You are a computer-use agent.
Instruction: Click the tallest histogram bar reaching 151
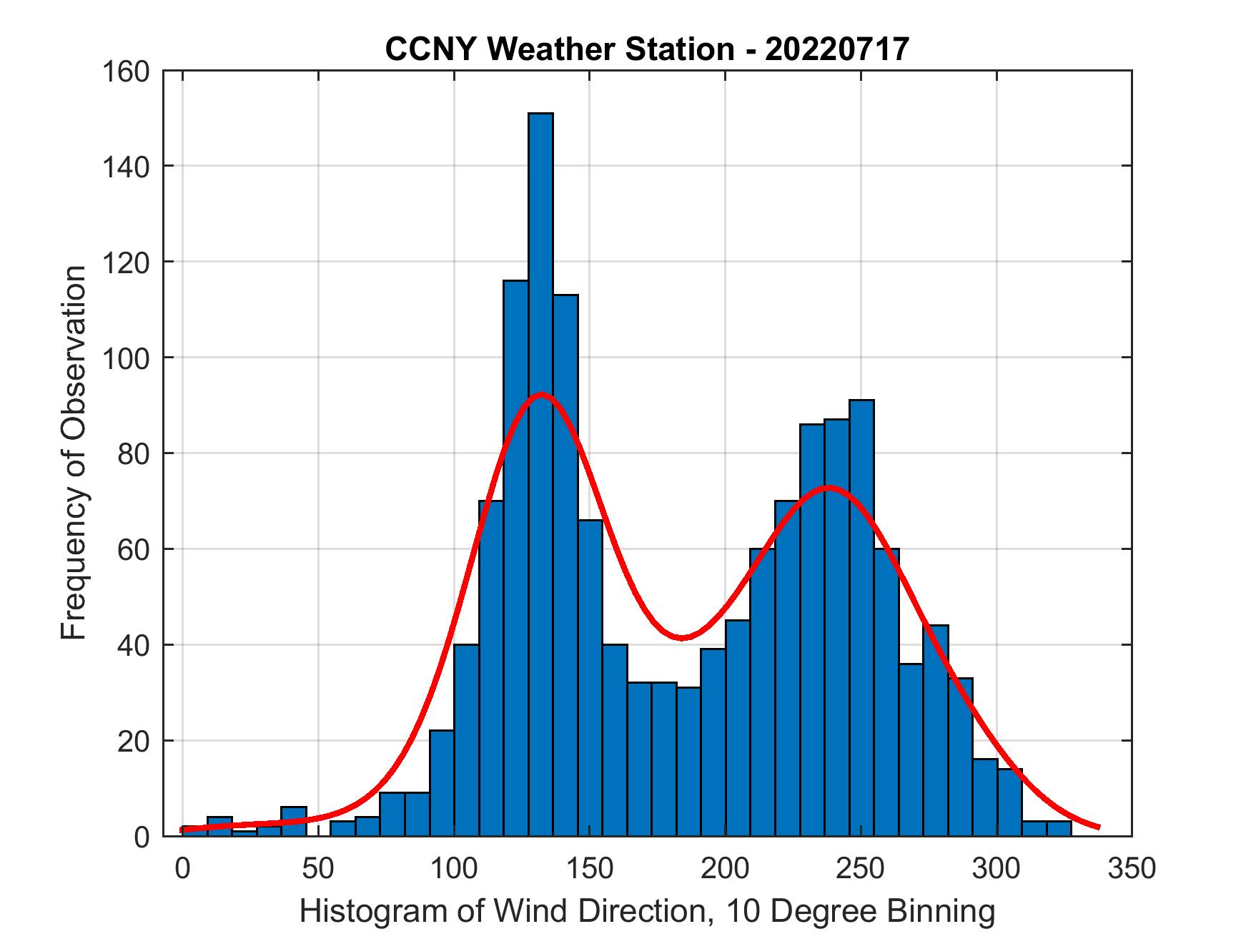[x=540, y=472]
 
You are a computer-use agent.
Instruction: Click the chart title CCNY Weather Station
[x=647, y=49]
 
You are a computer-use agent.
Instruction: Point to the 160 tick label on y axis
[x=125, y=72]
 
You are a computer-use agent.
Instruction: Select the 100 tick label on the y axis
[x=125, y=358]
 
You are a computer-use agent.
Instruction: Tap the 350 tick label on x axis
[x=1131, y=868]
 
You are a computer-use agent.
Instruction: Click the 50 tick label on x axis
[x=317, y=868]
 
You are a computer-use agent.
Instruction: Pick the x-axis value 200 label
[x=724, y=868]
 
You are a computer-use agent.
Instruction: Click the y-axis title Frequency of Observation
[x=74, y=455]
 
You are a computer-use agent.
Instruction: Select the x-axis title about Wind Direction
[x=647, y=912]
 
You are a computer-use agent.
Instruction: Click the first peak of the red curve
[x=541, y=394]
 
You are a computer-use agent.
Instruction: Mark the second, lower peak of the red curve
[x=828, y=488]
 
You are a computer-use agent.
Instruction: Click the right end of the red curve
[x=1098, y=827]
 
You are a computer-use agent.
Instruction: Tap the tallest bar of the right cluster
[x=861, y=615]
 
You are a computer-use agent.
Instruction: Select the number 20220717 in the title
[x=837, y=49]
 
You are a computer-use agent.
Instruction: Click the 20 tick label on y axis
[x=133, y=741]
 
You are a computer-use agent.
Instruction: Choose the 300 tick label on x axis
[x=996, y=868]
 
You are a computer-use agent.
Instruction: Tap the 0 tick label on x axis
[x=182, y=868]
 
